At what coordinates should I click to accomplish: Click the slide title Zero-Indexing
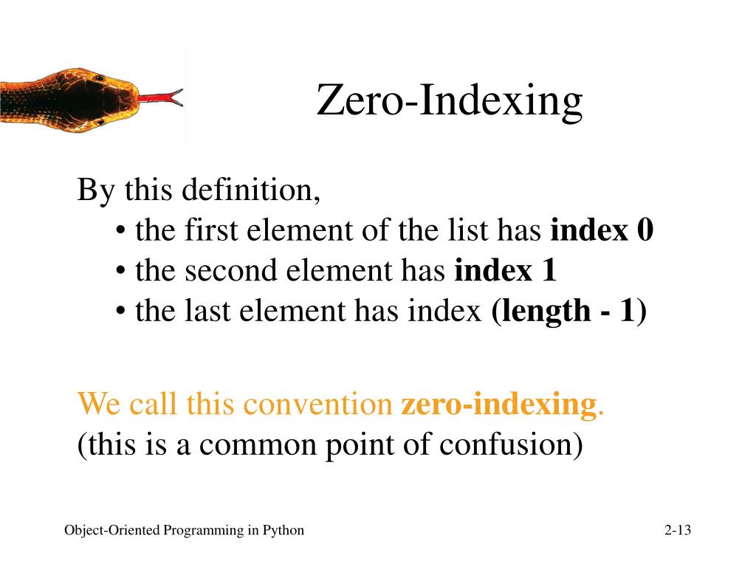(x=450, y=101)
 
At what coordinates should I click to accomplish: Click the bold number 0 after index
(x=645, y=231)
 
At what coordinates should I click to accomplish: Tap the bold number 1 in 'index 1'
(x=549, y=272)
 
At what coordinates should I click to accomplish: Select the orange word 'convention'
(x=318, y=405)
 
